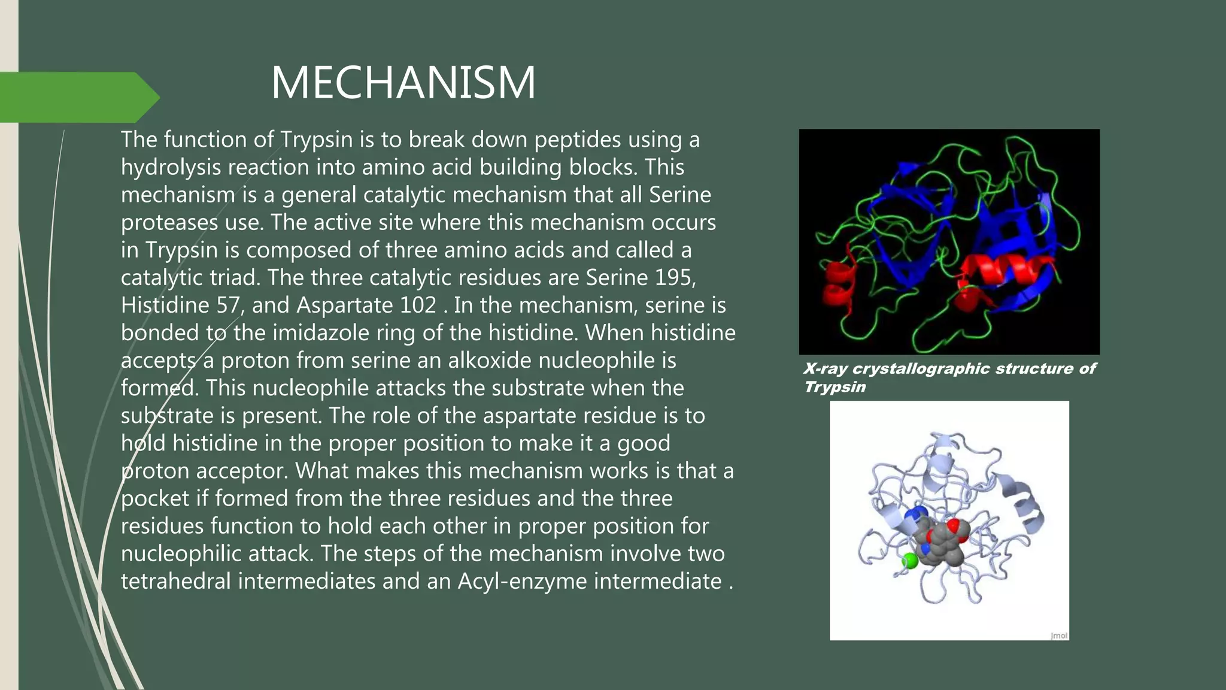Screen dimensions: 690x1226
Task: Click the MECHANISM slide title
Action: [403, 83]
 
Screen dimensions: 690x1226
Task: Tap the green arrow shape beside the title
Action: [78, 97]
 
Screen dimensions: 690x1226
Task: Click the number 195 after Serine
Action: [675, 278]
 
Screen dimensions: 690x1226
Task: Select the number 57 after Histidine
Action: [228, 305]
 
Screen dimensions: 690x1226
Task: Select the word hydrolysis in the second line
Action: [171, 168]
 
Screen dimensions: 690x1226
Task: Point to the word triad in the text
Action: [233, 278]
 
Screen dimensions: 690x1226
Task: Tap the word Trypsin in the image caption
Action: [834, 387]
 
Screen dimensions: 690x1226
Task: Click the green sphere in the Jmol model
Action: [909, 561]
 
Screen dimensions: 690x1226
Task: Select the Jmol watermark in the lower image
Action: [1058, 635]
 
